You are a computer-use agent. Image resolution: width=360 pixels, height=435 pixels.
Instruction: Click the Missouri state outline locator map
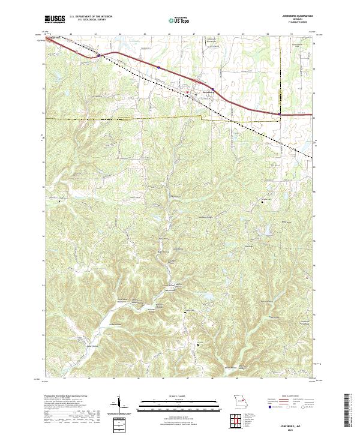tap(239, 401)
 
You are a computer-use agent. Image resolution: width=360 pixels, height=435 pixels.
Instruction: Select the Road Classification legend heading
tap(290, 395)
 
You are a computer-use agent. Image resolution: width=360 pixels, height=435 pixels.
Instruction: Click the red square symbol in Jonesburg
tap(187, 92)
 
